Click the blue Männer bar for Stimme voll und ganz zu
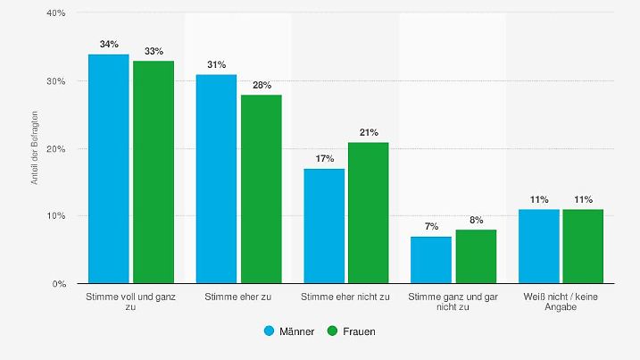tap(109, 169)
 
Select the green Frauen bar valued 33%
tap(154, 172)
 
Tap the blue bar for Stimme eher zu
tap(216, 179)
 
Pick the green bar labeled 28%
tap(261, 189)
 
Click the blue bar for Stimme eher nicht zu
tap(324, 226)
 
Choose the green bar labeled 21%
tap(369, 213)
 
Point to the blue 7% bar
tap(431, 260)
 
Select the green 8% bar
tap(476, 256)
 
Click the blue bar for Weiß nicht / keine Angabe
tap(538, 247)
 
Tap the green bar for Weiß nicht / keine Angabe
tap(583, 247)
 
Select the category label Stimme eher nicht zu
tap(345, 296)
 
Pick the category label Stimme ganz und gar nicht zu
tap(453, 301)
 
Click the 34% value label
tap(109, 44)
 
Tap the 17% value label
tap(324, 158)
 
